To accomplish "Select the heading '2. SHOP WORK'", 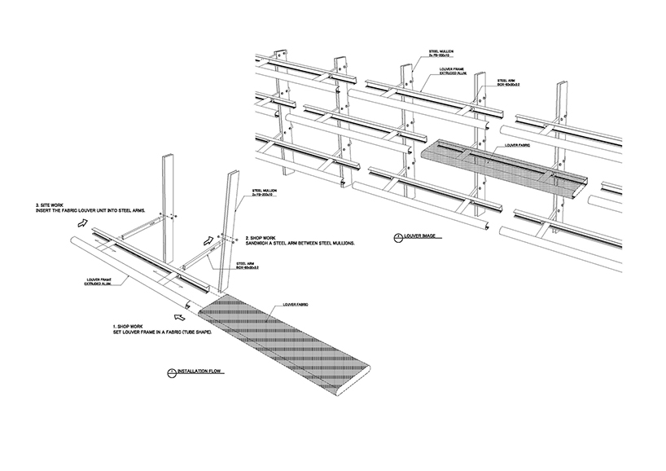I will coord(262,238).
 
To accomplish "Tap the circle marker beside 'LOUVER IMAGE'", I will coord(397,238).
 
